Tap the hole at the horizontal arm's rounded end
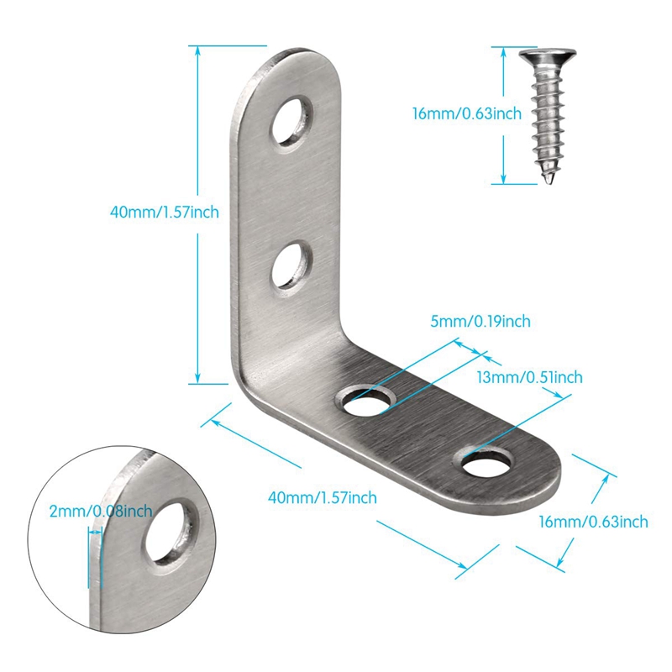click(485, 462)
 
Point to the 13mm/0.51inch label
click(530, 378)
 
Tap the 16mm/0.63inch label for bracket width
click(593, 522)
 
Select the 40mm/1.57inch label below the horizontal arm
click(322, 497)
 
